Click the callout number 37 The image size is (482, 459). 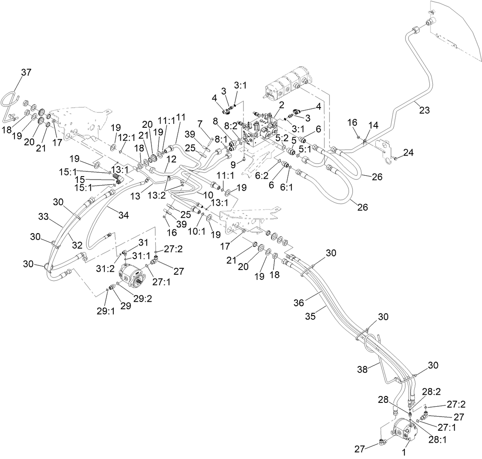tap(26, 73)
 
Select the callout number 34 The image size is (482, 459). tap(123, 215)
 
